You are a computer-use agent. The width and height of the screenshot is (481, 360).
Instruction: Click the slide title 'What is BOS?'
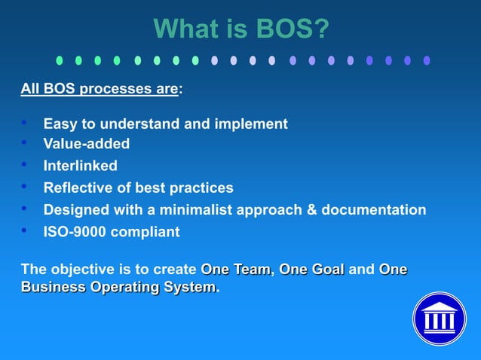241,29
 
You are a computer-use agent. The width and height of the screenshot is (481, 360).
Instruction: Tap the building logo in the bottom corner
439,319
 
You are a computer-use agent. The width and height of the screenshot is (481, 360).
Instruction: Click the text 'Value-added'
87,144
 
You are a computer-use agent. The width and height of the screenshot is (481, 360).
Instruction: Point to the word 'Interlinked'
80,166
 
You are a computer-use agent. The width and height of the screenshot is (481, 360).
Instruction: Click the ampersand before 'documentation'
311,210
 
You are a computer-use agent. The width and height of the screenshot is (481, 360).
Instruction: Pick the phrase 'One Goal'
312,270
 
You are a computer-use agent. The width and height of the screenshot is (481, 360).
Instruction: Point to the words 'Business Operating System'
118,288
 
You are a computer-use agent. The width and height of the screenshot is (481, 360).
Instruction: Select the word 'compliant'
145,232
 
